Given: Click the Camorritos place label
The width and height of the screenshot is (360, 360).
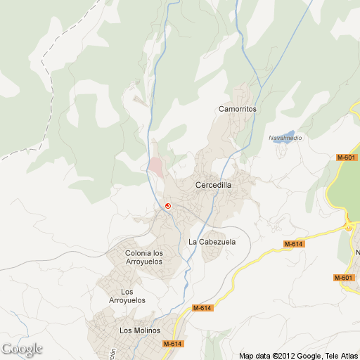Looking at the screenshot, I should click(x=237, y=110).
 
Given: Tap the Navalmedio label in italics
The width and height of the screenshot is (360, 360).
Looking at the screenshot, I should click(x=285, y=138).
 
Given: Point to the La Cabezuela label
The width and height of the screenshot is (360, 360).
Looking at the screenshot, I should click(x=212, y=242).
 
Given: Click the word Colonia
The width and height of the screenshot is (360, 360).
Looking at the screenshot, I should click(x=138, y=253).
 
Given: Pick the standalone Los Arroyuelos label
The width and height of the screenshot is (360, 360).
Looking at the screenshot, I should click(x=127, y=296).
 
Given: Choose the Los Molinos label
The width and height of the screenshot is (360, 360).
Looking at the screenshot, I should click(x=140, y=330).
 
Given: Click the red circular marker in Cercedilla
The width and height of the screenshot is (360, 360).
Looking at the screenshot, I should click(x=168, y=205).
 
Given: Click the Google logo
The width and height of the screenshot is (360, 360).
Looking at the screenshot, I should click(x=22, y=349).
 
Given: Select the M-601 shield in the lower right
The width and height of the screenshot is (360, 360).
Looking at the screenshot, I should click(x=343, y=278).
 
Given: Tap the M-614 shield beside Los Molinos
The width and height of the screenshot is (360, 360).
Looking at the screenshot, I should click(x=172, y=344).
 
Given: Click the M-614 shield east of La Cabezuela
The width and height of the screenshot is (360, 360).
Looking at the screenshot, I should click(x=293, y=244).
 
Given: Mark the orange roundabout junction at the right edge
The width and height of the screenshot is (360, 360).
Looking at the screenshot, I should click(x=349, y=226).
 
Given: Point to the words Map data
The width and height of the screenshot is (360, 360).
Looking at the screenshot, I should click(x=255, y=355).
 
